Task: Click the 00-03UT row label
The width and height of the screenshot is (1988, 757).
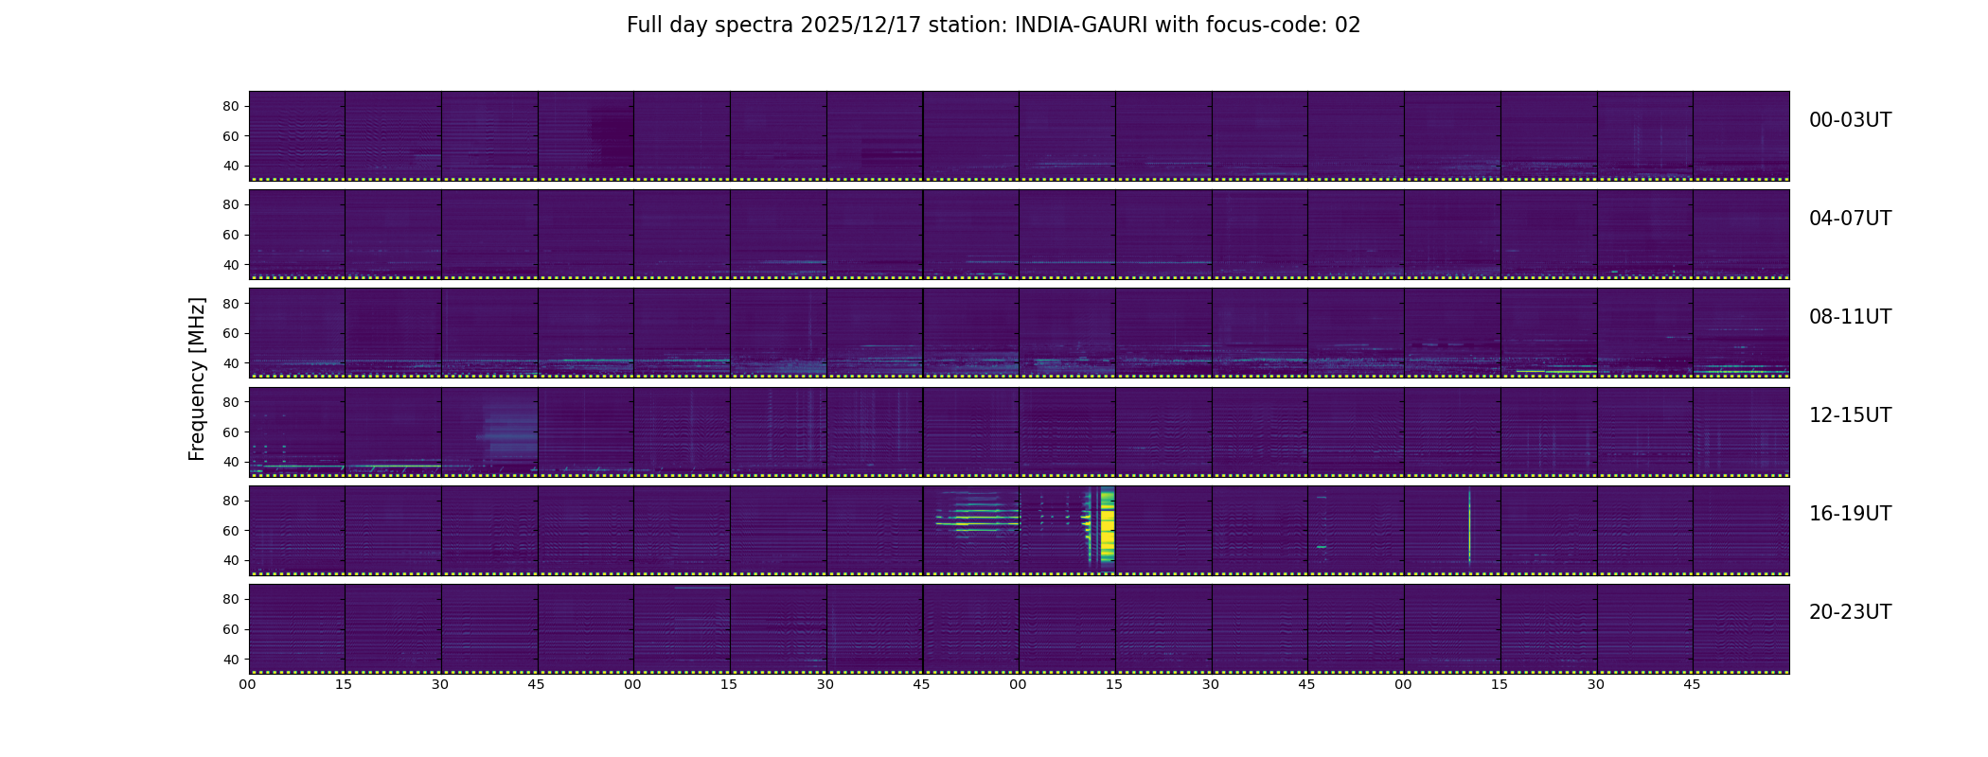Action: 1850,120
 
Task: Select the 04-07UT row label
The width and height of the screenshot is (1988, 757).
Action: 1850,219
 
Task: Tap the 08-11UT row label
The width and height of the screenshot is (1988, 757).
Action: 1850,317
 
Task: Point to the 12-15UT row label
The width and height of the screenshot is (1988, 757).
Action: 1850,415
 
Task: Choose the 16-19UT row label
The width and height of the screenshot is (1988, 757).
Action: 1850,514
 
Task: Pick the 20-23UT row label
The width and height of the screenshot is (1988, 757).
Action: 1850,612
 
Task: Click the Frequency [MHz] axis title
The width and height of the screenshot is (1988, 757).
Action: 197,379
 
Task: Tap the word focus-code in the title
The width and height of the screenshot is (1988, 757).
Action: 1267,26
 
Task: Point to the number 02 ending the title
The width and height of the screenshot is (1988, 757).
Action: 1348,26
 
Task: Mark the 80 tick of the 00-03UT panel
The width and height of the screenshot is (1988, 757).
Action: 231,107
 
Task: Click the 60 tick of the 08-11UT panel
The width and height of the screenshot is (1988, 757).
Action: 231,333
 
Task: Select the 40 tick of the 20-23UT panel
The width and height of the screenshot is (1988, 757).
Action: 231,660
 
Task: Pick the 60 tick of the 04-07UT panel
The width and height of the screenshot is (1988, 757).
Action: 231,235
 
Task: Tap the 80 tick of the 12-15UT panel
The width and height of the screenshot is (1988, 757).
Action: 231,402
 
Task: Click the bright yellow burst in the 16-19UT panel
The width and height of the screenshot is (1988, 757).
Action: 1107,525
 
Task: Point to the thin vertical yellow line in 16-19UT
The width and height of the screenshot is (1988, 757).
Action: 1469,526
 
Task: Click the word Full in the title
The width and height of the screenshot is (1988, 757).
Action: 644,26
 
